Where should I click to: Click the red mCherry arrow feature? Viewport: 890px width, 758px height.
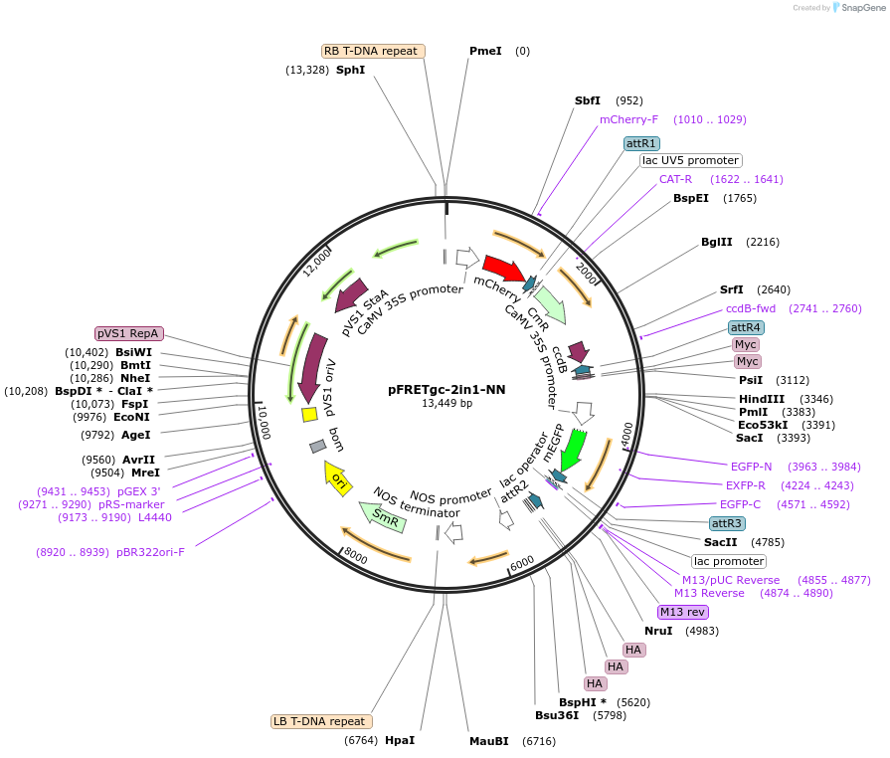(x=503, y=268)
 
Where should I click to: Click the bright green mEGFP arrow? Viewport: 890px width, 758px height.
(x=573, y=449)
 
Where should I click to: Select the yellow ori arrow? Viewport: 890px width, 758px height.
(x=337, y=477)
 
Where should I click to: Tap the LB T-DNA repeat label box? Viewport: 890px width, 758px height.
(x=321, y=721)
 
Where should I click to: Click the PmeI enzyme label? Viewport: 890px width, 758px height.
(x=485, y=51)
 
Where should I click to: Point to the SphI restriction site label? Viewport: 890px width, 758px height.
(x=350, y=70)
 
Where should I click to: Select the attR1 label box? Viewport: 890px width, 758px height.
(x=640, y=143)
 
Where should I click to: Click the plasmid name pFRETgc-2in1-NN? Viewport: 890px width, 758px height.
(x=446, y=390)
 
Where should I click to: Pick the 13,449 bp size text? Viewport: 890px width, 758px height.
(x=446, y=404)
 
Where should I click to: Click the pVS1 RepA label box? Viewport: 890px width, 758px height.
(x=129, y=333)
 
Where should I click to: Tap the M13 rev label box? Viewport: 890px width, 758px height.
(x=682, y=612)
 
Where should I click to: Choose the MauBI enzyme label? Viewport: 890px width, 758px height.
(x=488, y=741)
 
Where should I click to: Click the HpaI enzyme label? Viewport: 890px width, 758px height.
(x=399, y=740)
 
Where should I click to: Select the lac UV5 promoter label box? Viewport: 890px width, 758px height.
(x=690, y=160)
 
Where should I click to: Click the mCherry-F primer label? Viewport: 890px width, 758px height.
(x=628, y=119)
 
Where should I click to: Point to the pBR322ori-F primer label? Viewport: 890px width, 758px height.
(x=150, y=552)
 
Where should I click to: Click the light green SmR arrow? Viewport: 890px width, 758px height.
(x=383, y=514)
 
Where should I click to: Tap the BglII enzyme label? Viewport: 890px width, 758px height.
(x=716, y=242)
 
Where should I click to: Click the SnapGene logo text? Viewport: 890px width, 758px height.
(x=857, y=8)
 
